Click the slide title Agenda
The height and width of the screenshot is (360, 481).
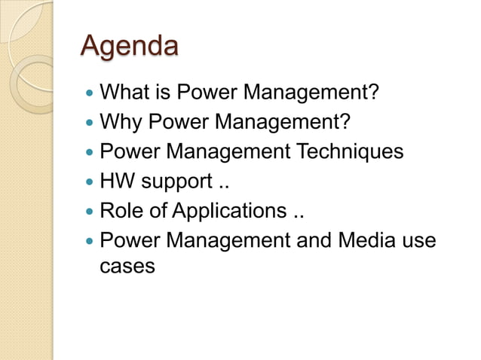pyautogui.click(x=130, y=47)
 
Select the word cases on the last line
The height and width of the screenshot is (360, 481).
pyautogui.click(x=127, y=266)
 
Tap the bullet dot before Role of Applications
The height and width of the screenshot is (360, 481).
pyautogui.click(x=90, y=212)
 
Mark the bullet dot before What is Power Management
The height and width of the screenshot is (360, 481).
pyautogui.click(x=90, y=95)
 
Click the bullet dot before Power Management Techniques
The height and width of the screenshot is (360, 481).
pyautogui.click(x=90, y=153)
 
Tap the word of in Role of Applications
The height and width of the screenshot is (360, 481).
pyautogui.click(x=158, y=211)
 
